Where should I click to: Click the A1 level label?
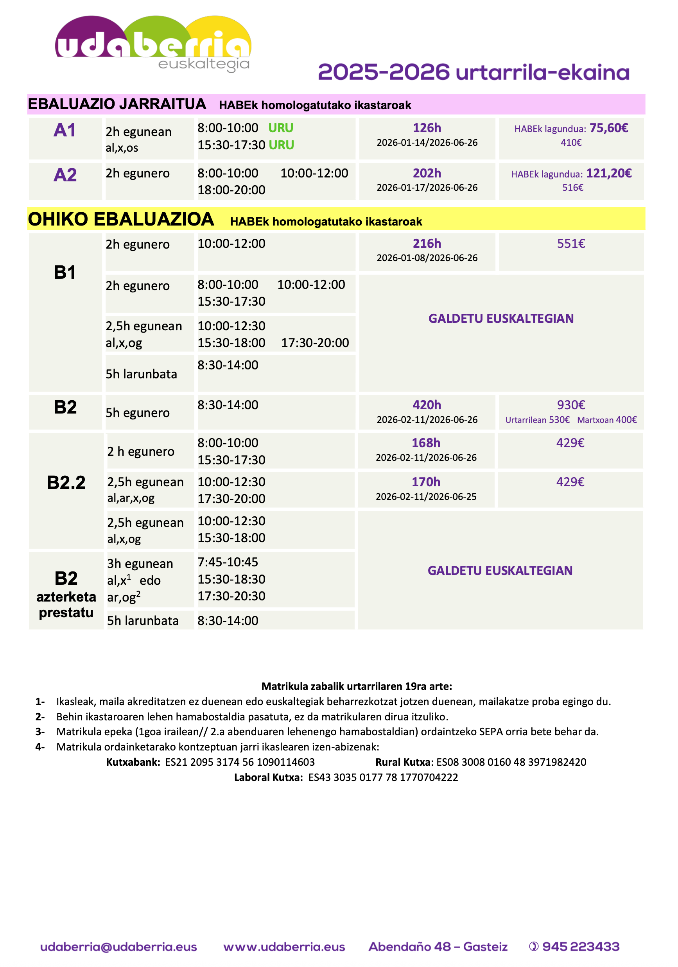tap(65, 130)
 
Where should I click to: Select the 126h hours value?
tap(427, 127)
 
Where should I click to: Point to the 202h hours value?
tap(427, 173)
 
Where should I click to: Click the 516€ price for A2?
tap(572, 187)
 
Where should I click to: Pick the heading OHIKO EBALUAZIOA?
tap(121, 219)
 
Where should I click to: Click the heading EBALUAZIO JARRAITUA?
tap(117, 104)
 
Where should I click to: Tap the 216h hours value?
tap(427, 244)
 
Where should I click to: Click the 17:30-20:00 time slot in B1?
tap(315, 343)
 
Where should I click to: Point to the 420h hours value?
tap(427, 405)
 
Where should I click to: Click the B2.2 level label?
tap(66, 483)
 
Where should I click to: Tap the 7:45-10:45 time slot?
tap(228, 562)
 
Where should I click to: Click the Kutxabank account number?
tap(240, 762)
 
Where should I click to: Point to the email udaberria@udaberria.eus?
tap(118, 947)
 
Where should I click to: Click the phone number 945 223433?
tap(580, 946)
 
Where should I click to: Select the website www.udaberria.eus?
tap(284, 947)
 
